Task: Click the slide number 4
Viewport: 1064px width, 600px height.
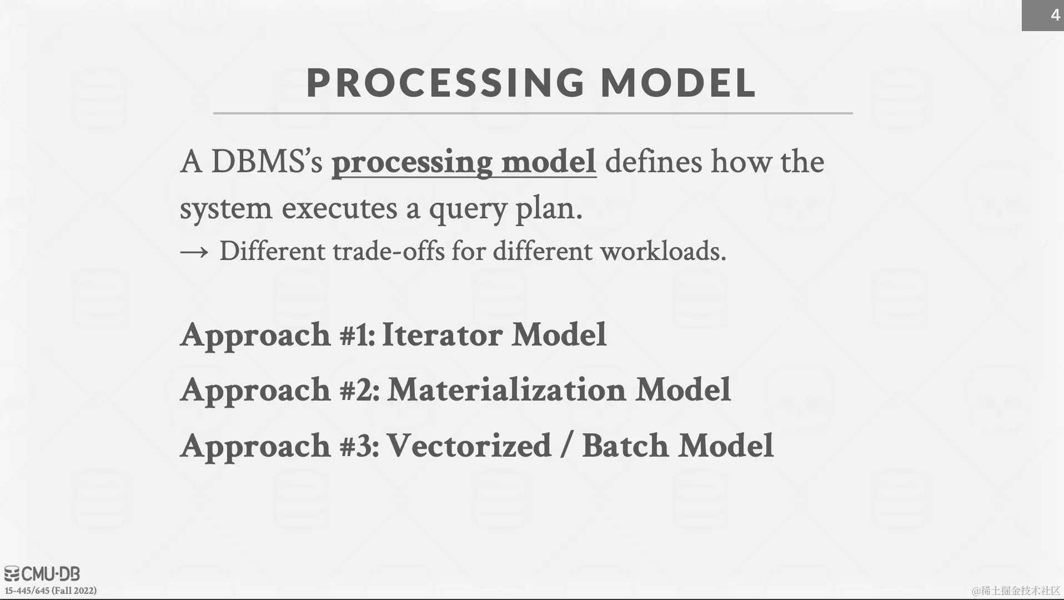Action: pyautogui.click(x=1055, y=15)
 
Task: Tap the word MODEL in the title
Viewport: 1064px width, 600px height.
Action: pyautogui.click(x=679, y=83)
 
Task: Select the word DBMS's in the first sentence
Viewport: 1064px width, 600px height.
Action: pyautogui.click(x=267, y=162)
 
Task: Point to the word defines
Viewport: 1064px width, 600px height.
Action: pyautogui.click(x=654, y=162)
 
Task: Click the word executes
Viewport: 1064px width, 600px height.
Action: pyautogui.click(x=339, y=208)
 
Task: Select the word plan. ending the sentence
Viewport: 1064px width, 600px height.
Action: pyautogui.click(x=549, y=209)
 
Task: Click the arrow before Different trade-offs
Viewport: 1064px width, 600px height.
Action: pyautogui.click(x=194, y=252)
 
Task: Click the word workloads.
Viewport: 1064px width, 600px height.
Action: pyautogui.click(x=663, y=251)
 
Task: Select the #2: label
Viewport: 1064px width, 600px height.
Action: pyautogui.click(x=360, y=390)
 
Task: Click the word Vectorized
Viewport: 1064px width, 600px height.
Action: pyautogui.click(x=469, y=446)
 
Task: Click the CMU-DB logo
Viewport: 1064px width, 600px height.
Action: pyautogui.click(x=42, y=574)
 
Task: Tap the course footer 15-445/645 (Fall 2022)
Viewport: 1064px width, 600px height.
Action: pyautogui.click(x=51, y=591)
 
